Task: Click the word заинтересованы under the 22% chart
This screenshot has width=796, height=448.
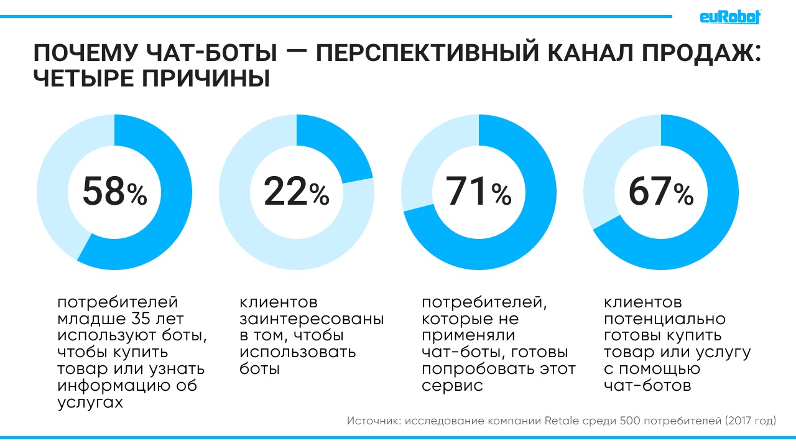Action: click(x=312, y=320)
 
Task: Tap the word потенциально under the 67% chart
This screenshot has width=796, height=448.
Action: click(x=665, y=320)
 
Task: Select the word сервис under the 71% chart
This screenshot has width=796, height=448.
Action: click(x=452, y=386)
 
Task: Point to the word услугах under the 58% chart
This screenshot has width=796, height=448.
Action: click(x=90, y=402)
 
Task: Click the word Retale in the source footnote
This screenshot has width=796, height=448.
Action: click(x=562, y=421)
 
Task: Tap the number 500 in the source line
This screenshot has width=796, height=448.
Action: click(x=631, y=421)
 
